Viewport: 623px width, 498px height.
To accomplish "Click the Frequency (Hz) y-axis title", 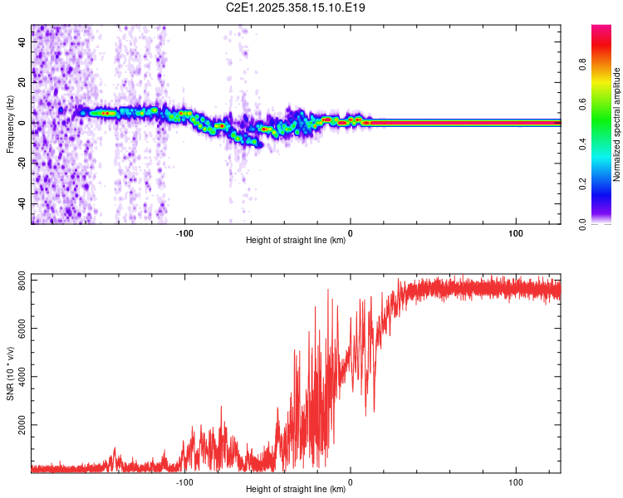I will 10,124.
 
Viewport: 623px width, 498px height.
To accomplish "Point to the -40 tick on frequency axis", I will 22,204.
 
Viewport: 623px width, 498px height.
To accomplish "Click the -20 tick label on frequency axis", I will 22,164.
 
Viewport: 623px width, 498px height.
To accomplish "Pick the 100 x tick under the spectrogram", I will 515,232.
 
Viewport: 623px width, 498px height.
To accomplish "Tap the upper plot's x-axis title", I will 296,241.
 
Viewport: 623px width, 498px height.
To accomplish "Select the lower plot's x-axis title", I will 296,490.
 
